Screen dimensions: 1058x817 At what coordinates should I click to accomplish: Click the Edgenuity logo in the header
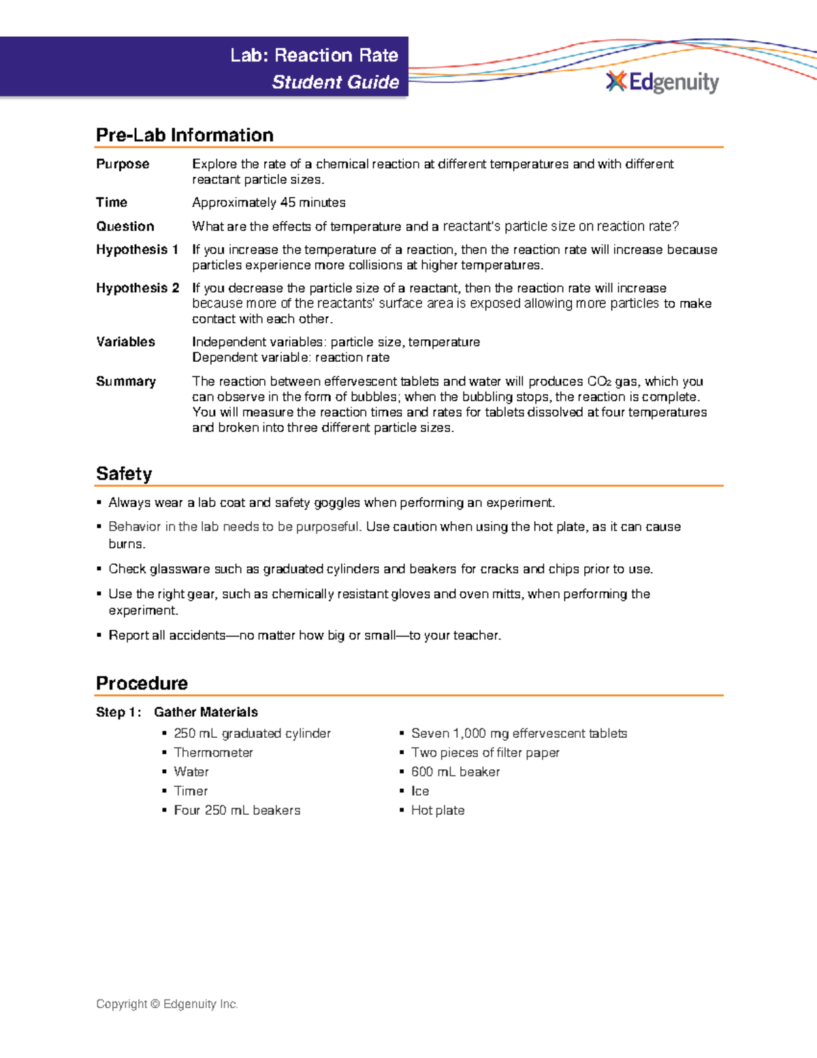(662, 82)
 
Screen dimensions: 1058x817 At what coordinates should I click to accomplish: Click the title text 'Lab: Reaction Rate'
(314, 55)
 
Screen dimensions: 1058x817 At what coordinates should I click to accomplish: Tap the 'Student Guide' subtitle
(335, 82)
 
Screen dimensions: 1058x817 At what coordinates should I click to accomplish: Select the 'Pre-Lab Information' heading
(185, 135)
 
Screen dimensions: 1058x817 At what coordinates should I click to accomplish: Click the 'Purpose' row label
(123, 164)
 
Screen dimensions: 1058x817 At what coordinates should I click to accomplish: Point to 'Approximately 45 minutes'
(268, 202)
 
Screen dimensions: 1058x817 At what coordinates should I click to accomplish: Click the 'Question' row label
(125, 226)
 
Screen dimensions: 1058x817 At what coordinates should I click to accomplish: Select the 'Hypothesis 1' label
(137, 249)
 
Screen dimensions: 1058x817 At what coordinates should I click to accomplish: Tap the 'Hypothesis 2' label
(138, 288)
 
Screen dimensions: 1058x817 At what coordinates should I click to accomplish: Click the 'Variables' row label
(125, 342)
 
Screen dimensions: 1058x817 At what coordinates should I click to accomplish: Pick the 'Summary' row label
(126, 382)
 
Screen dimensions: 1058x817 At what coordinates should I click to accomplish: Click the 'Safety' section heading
(124, 473)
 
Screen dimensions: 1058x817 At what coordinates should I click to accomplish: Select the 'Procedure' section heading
(142, 683)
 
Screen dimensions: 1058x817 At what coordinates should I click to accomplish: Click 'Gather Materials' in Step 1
(206, 712)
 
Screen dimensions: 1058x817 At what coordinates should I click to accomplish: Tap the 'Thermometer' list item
(213, 753)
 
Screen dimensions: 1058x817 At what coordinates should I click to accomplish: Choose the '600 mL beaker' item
(455, 772)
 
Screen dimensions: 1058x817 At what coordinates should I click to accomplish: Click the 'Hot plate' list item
(438, 810)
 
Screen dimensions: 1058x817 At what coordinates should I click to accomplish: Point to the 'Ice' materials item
(420, 791)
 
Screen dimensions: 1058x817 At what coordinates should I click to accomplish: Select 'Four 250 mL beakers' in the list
(237, 810)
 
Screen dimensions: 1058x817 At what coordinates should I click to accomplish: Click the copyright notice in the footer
(167, 1004)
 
